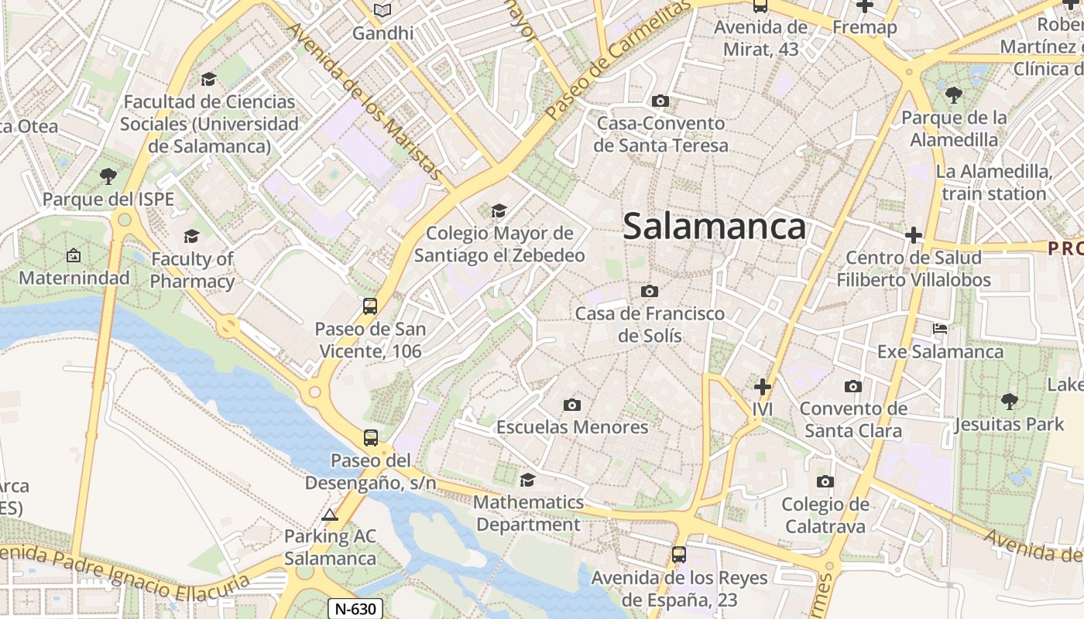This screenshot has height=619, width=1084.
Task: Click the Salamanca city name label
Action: [x=714, y=227]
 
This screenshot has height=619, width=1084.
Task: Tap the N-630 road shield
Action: [x=355, y=608]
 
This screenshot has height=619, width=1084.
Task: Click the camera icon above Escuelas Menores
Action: [x=572, y=405]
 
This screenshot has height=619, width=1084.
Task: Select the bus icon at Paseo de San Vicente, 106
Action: [x=370, y=306]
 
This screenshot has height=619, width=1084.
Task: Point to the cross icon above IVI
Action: [x=763, y=386]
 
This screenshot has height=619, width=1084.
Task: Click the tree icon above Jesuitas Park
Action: [x=1009, y=401]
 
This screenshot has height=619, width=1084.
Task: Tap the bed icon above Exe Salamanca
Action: [x=940, y=329]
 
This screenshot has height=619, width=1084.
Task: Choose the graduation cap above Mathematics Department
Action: [x=527, y=480]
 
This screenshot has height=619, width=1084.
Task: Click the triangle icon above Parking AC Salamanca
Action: [x=330, y=515]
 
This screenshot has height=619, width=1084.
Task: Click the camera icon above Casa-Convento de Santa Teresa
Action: [x=660, y=101]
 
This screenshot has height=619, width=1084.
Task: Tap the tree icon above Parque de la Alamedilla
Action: [x=953, y=95]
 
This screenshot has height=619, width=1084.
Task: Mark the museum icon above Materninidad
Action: [x=74, y=255]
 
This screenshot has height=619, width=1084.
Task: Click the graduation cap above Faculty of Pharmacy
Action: [x=191, y=236]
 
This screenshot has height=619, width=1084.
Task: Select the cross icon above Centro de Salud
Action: [x=914, y=235]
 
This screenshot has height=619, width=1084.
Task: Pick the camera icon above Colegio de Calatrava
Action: [x=825, y=482]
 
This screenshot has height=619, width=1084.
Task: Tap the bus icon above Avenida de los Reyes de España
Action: [x=679, y=554]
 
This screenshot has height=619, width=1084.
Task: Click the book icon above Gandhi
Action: [x=382, y=10]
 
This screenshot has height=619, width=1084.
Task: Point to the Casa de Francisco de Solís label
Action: [x=650, y=324]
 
